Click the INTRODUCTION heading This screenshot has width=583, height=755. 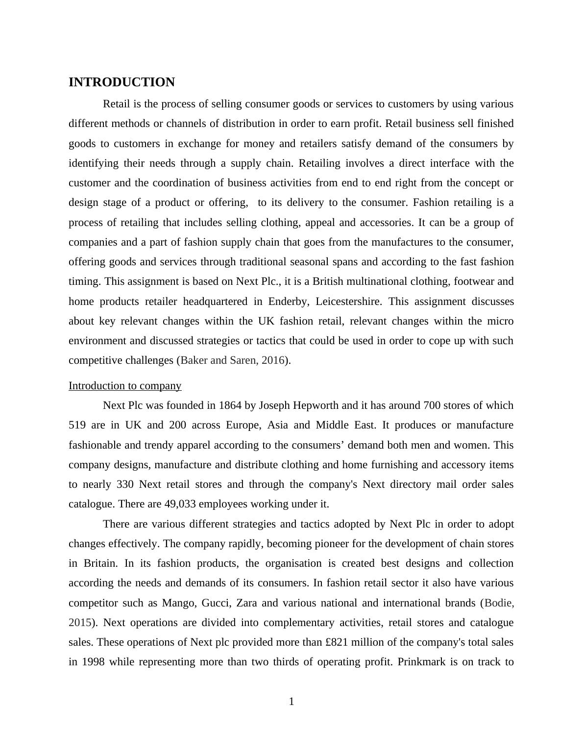click(x=121, y=82)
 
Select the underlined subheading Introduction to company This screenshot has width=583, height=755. click(x=125, y=386)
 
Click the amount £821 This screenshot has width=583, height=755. click(x=337, y=642)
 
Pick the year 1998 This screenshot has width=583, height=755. click(x=93, y=662)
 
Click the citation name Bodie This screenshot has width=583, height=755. click(x=499, y=603)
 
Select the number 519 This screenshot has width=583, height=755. click(x=78, y=425)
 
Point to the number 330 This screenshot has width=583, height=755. click(x=125, y=484)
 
